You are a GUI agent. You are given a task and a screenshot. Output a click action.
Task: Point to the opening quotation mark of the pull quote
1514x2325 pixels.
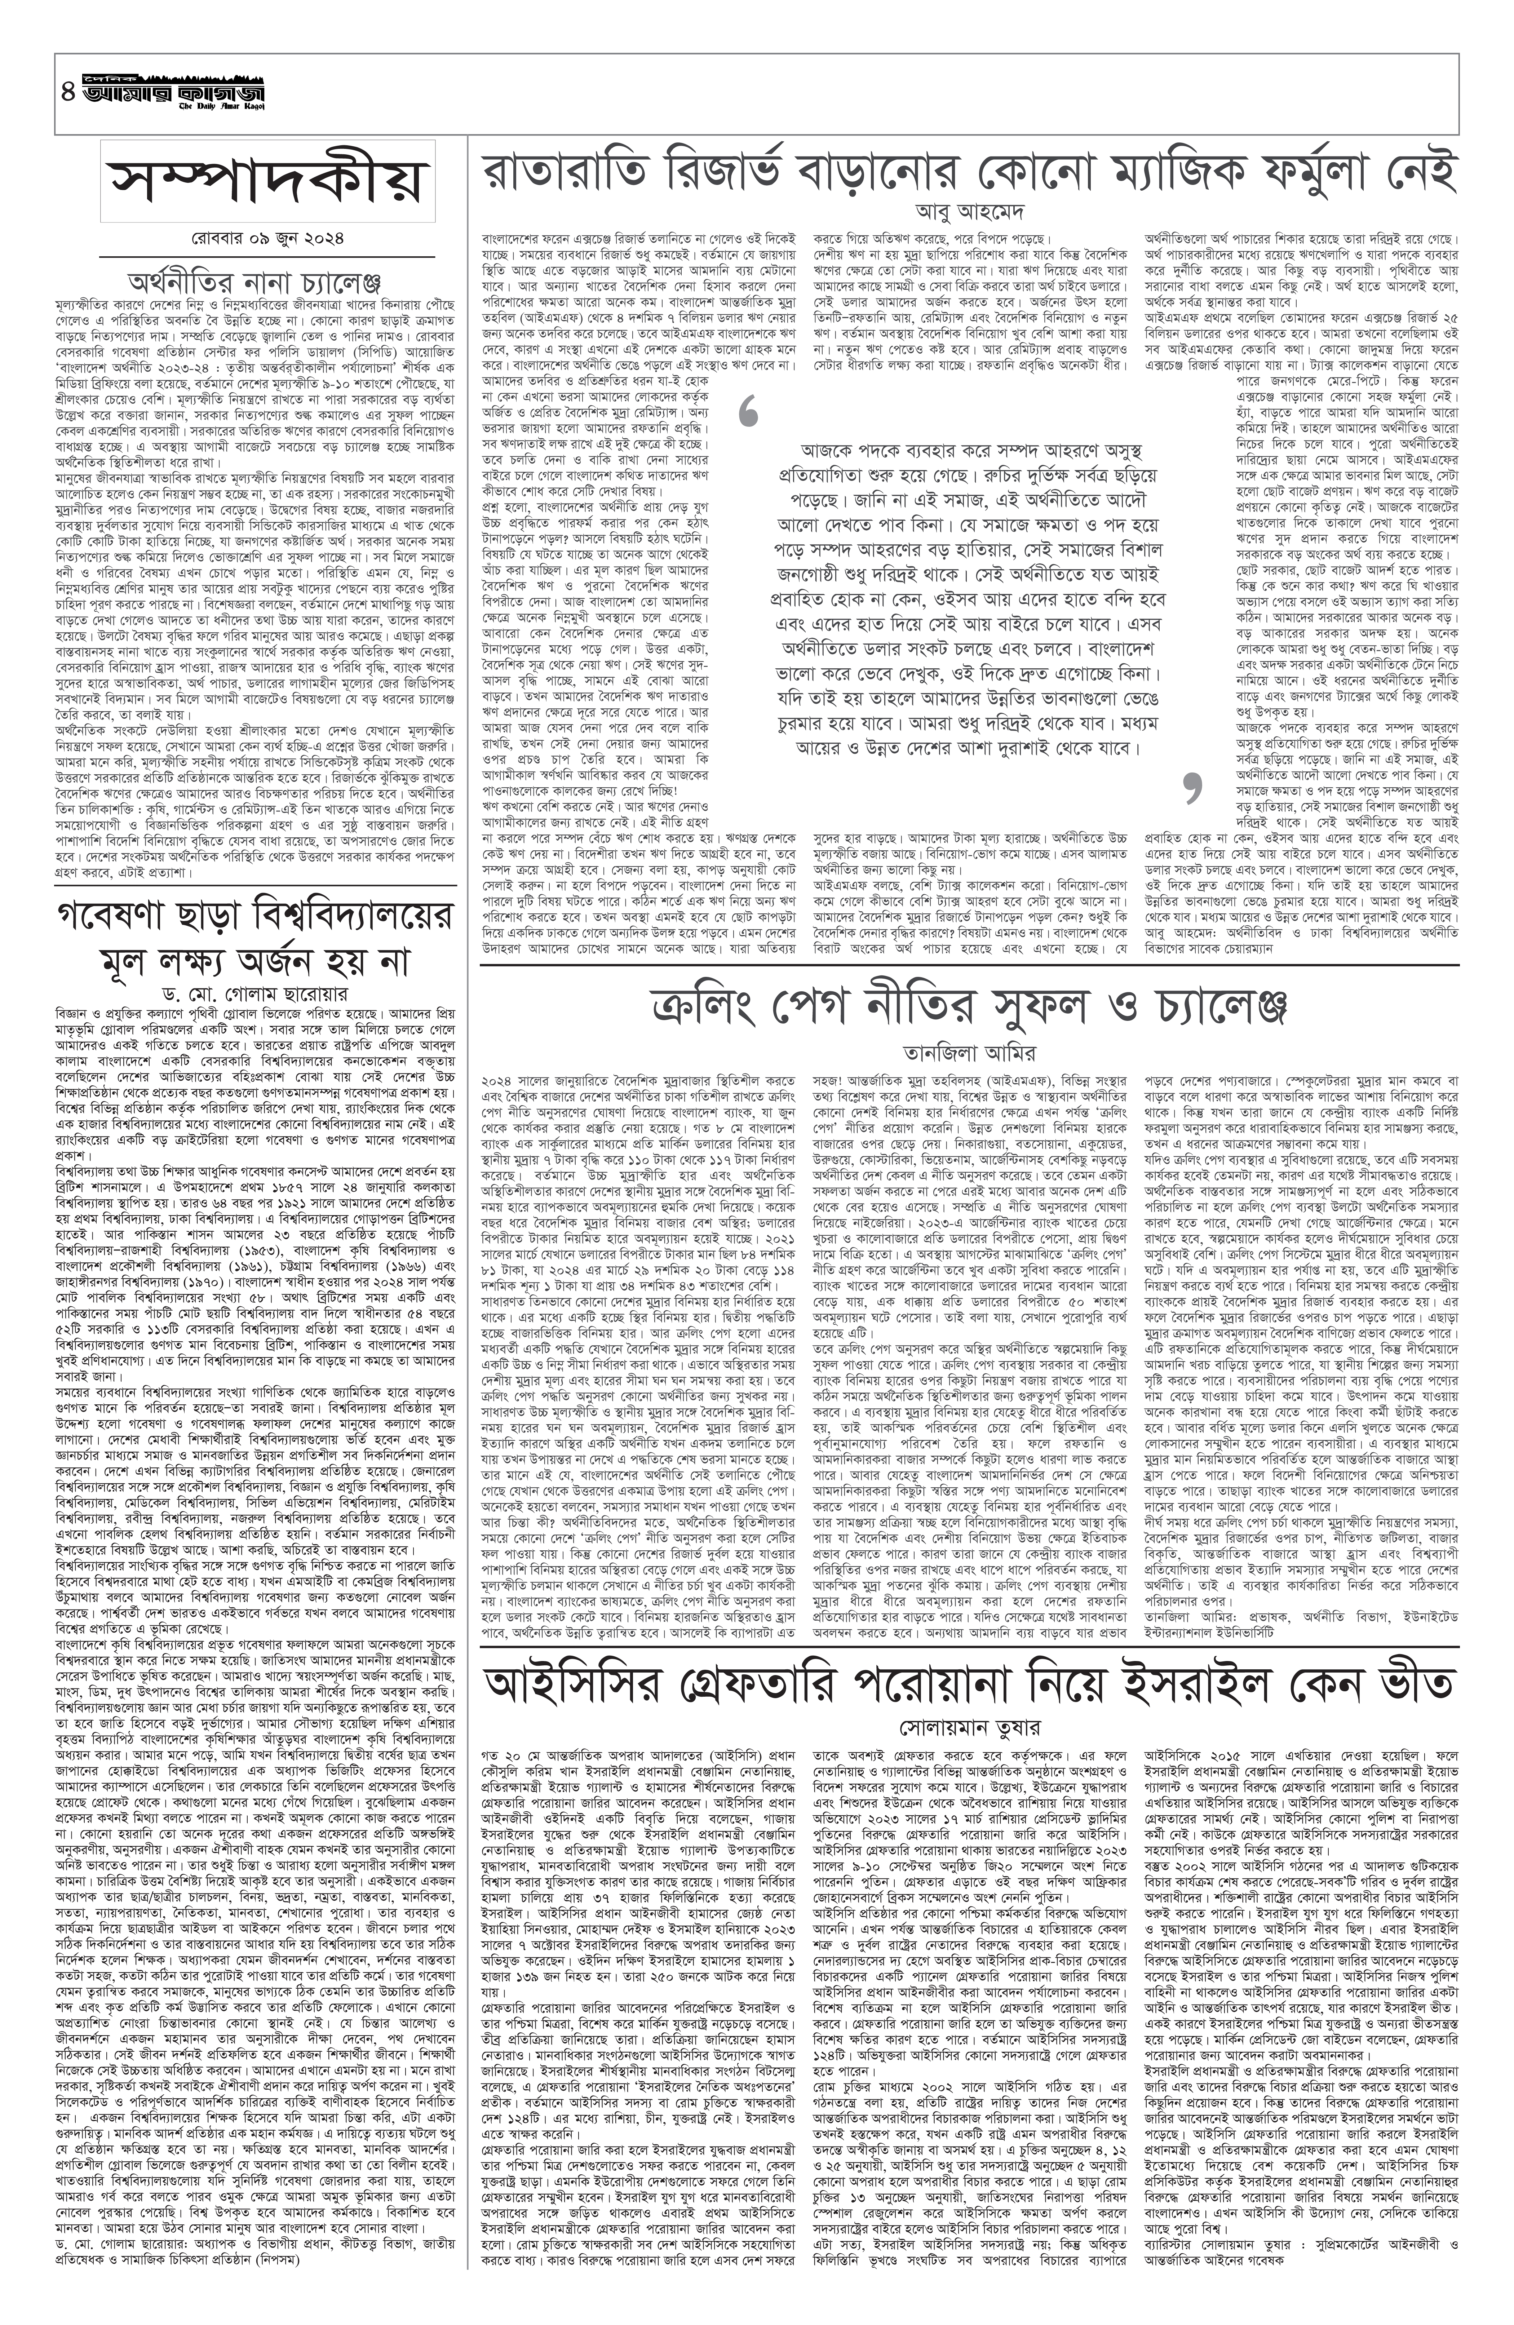tap(749, 413)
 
